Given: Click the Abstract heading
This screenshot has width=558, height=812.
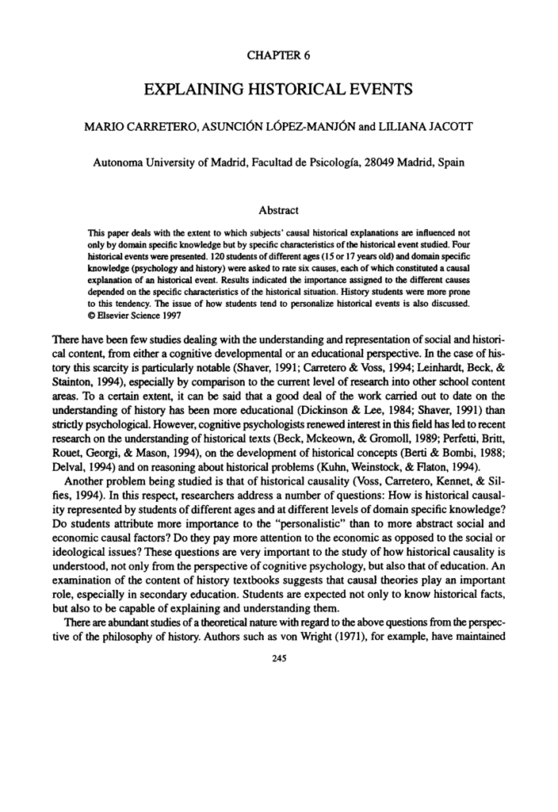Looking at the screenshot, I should coord(278,211).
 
